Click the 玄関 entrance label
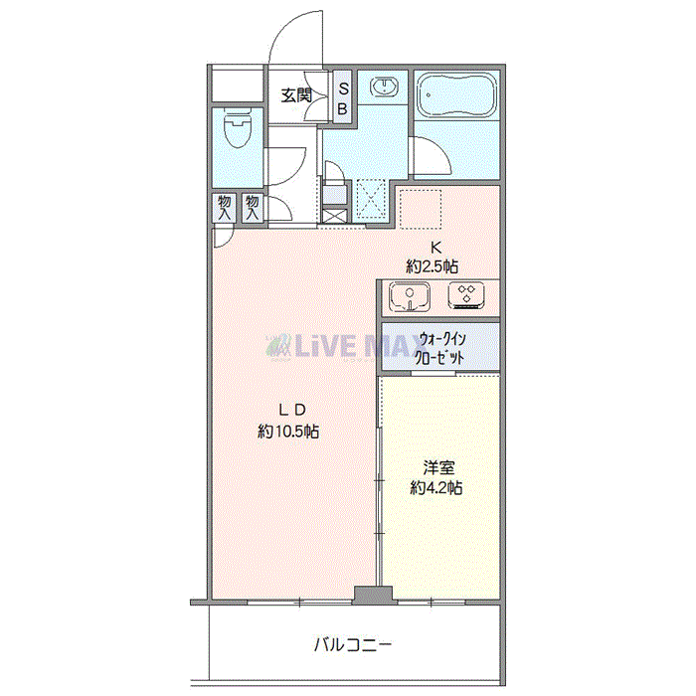(x=296, y=95)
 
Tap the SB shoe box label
(x=343, y=98)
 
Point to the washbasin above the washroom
(x=383, y=87)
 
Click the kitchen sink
(x=410, y=296)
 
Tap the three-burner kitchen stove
(x=466, y=295)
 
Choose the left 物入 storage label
(x=225, y=208)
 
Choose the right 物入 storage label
(x=253, y=208)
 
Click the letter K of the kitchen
(x=435, y=247)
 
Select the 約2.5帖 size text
(x=433, y=266)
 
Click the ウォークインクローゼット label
(x=439, y=348)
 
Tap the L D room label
(x=292, y=410)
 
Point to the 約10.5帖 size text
(x=288, y=431)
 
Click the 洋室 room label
(x=438, y=467)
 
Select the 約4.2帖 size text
(x=436, y=488)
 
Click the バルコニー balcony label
(x=353, y=645)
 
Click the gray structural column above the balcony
(x=373, y=596)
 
